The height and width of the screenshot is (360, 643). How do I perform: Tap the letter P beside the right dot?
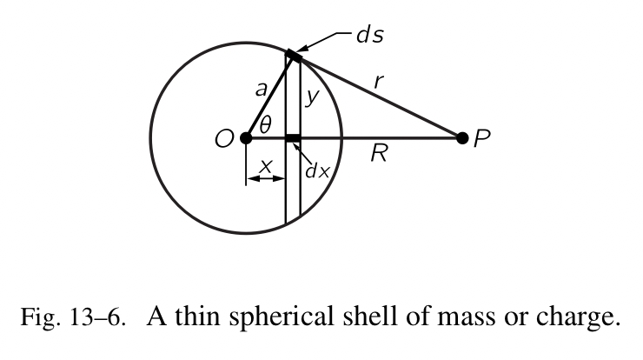coord(483,139)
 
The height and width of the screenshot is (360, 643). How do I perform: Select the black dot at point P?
coord(462,137)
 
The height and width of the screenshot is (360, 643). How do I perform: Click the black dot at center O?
coord(246,137)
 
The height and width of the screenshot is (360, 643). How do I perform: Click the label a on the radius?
coord(260,89)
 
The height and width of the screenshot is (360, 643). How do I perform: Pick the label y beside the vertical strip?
coord(309,99)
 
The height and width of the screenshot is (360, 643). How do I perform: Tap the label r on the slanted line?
coord(379,82)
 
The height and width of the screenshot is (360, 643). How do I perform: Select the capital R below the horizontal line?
coord(378,157)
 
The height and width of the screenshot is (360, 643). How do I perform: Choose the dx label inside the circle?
coord(317,170)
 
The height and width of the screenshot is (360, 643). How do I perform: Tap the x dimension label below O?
coord(266,163)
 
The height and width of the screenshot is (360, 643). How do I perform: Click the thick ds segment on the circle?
coord(294,56)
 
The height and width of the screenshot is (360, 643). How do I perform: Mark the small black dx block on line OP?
coord(293,137)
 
